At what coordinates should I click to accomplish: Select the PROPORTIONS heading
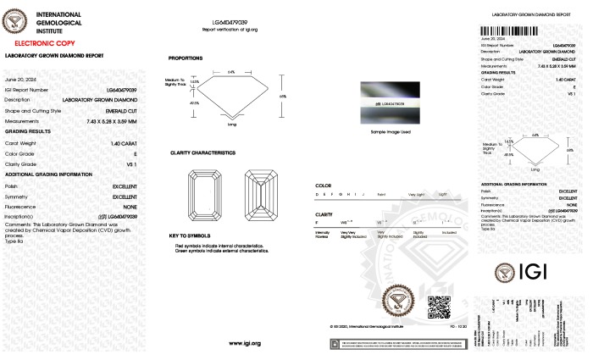(185, 58)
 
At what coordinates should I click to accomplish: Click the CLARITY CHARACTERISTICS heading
(202, 152)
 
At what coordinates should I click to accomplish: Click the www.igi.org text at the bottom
(244, 343)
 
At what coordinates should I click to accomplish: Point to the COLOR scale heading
(323, 184)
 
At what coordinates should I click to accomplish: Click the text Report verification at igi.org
(230, 28)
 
